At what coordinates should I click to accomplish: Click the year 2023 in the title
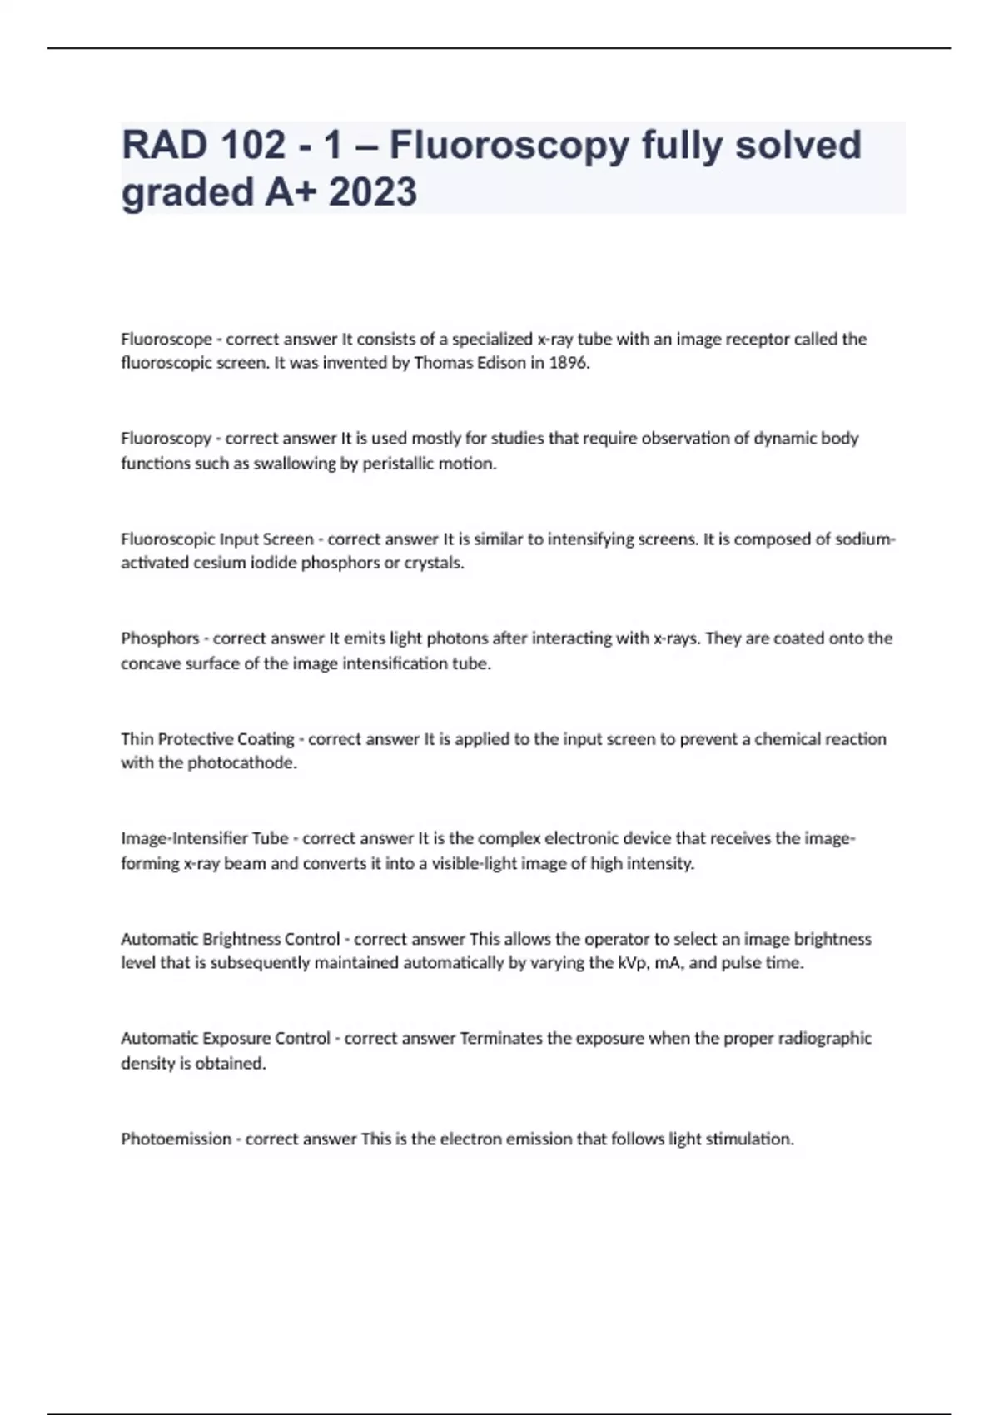373,192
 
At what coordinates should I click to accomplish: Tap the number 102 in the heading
253,145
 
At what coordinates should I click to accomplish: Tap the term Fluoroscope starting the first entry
166,339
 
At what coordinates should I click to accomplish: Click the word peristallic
398,464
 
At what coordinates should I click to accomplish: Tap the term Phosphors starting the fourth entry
160,638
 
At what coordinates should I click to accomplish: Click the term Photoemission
176,1139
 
